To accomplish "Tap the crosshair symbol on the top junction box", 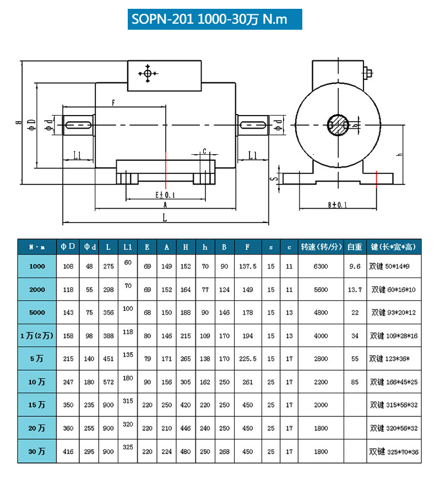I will point(148,73).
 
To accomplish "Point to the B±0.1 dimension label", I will point(336,205).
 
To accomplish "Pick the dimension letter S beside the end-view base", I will point(271,178).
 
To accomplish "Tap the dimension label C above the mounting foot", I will point(205,151).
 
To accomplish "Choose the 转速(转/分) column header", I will point(321,247).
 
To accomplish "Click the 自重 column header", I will point(355,247).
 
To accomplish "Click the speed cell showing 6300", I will point(321,266).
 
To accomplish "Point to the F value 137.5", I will point(248,266).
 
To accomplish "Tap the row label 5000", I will point(37,312).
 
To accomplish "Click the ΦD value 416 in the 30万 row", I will point(68,451).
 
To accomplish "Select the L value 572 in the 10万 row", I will point(108,382).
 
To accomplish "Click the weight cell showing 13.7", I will point(355,289).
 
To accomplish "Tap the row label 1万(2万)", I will point(37,335).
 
